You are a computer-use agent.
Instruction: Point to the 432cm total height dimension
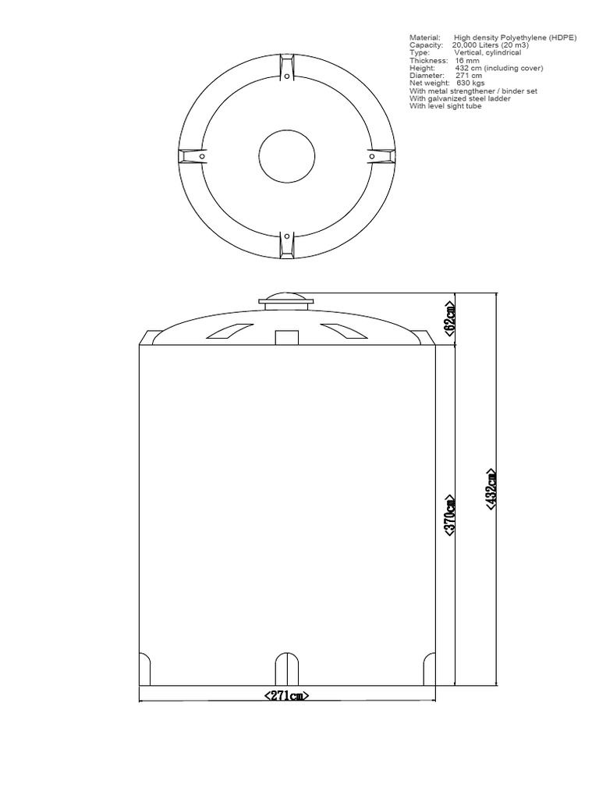(491, 489)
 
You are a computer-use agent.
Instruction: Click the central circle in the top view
(286, 156)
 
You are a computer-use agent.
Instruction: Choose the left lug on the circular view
(194, 156)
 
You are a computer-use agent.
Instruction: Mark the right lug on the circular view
(378, 156)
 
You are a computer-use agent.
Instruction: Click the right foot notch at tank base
(429, 669)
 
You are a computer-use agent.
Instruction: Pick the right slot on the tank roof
(344, 331)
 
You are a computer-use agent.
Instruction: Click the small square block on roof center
(287, 337)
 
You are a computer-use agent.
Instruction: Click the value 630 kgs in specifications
(470, 83)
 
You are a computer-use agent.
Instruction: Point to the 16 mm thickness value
(467, 60)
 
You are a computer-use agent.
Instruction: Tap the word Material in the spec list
(425, 37)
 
